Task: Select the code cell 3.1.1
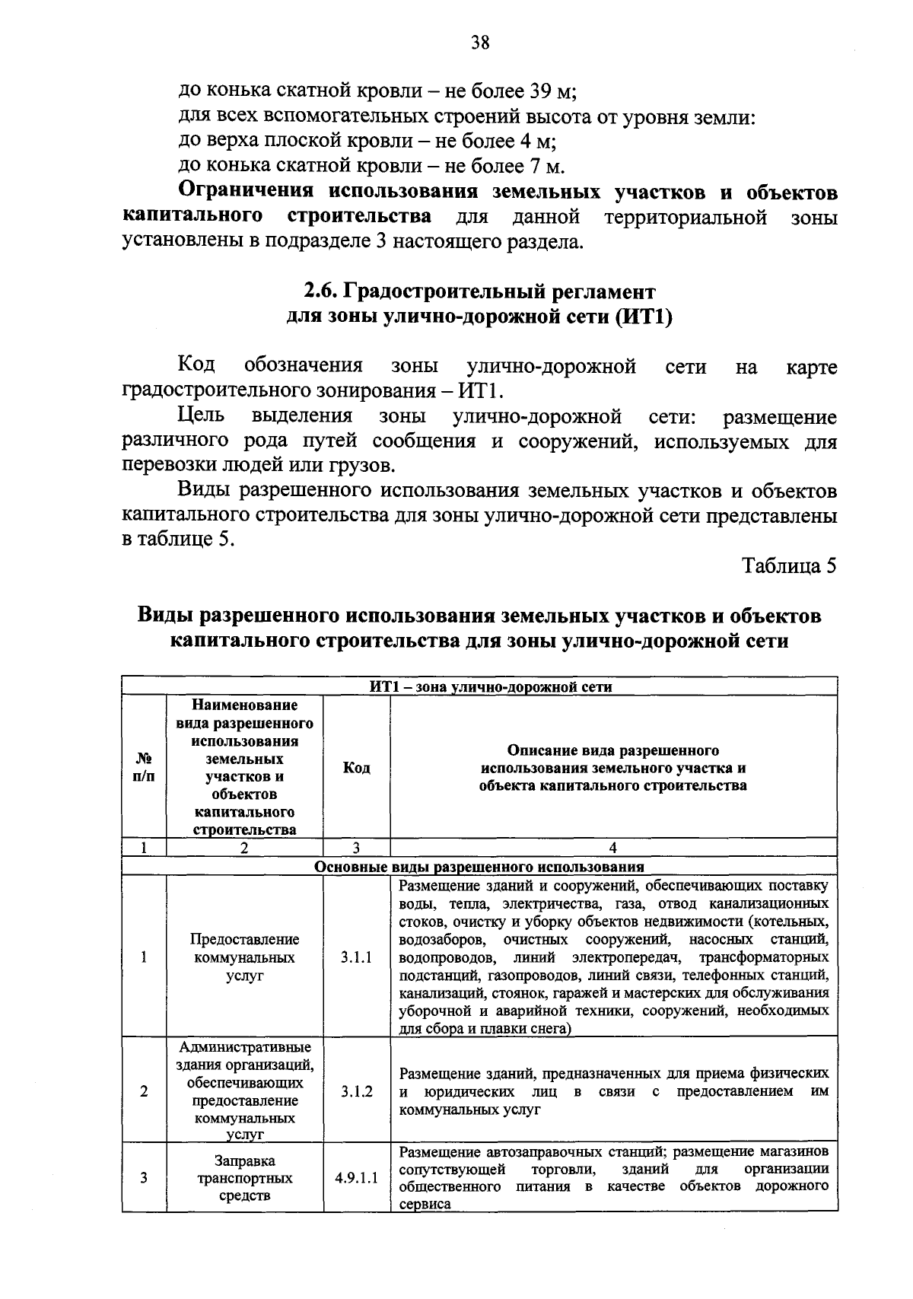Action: [356, 957]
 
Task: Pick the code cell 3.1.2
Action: [356, 1091]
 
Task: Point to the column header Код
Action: [356, 767]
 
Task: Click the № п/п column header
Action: [144, 767]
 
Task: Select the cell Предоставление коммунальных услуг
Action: [244, 957]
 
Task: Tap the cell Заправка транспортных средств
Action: [244, 1178]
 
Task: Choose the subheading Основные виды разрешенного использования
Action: [479, 867]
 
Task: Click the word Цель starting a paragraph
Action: [201, 416]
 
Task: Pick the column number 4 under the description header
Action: [613, 848]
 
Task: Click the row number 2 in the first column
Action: [144, 1091]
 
